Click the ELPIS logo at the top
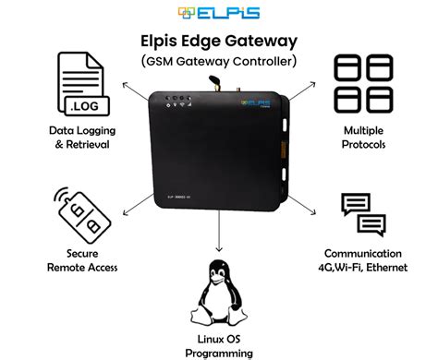(x=219, y=13)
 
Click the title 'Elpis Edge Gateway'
(x=219, y=41)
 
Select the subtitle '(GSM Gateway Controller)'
(x=219, y=62)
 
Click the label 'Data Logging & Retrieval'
(x=81, y=138)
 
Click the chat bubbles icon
(x=362, y=216)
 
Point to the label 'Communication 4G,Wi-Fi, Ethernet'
(x=362, y=260)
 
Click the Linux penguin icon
(x=219, y=292)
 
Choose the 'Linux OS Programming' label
(x=219, y=346)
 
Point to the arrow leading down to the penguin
(x=219, y=240)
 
